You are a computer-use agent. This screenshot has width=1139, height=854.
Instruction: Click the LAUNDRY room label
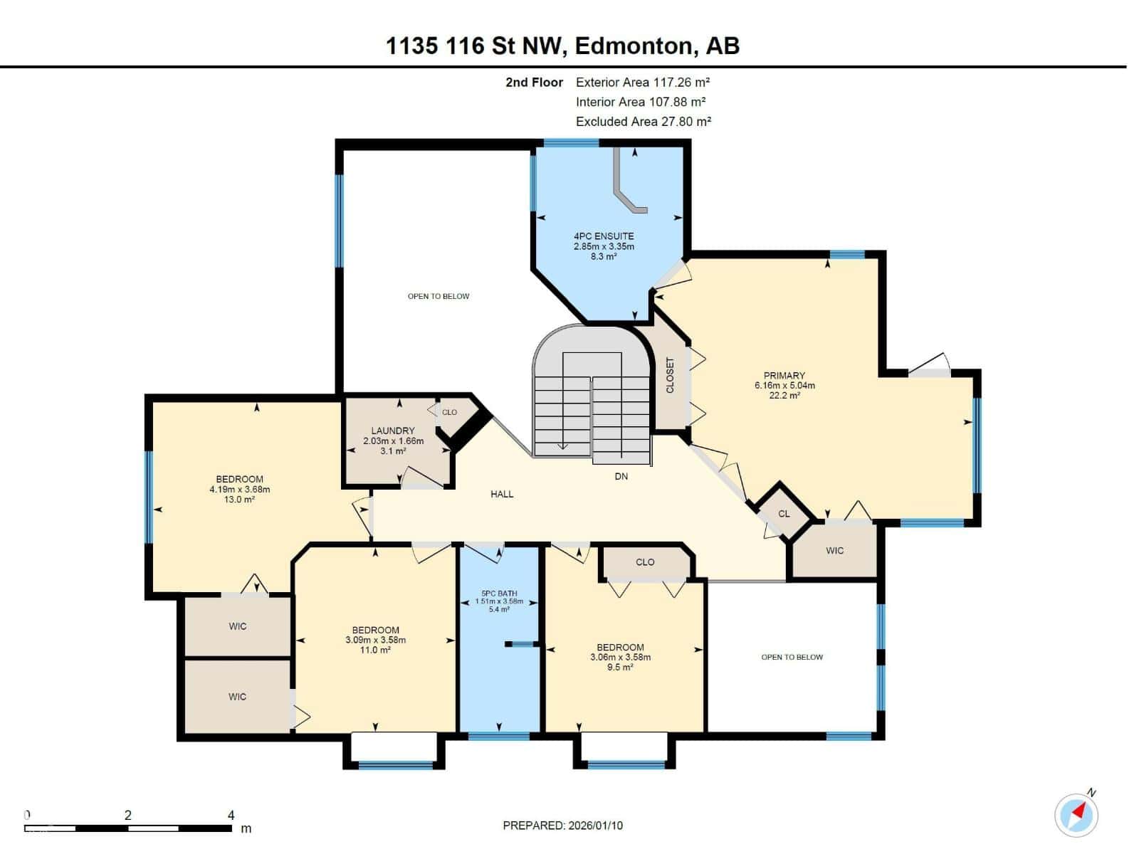click(392, 431)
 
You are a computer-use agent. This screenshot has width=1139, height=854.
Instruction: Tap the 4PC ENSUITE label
click(604, 236)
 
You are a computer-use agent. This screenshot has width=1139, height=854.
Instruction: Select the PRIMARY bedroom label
click(784, 375)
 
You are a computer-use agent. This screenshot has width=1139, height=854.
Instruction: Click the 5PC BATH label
click(498, 593)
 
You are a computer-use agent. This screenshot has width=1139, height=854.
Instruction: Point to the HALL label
click(501, 494)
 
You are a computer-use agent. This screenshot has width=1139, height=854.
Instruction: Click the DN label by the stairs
click(621, 476)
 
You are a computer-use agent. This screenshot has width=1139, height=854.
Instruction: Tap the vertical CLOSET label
click(670, 375)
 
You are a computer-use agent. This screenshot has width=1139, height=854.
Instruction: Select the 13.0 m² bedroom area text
click(239, 500)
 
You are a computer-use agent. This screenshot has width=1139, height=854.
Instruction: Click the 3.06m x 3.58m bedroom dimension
click(620, 658)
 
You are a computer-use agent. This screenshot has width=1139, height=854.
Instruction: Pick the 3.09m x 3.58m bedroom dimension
click(375, 640)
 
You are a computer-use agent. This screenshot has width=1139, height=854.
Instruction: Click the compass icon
click(1076, 814)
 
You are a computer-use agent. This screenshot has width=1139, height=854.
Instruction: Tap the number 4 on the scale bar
click(231, 815)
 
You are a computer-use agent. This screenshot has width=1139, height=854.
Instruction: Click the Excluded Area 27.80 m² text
click(644, 122)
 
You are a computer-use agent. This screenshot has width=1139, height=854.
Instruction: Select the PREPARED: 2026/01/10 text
click(562, 826)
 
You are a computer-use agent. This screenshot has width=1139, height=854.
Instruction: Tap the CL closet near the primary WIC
click(784, 514)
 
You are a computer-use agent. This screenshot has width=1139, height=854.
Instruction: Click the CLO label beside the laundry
click(449, 412)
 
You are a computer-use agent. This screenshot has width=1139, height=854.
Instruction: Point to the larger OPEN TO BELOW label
click(439, 296)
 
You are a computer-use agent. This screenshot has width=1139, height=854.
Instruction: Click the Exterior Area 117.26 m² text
click(643, 83)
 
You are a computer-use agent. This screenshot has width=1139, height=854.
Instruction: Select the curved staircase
click(592, 399)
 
